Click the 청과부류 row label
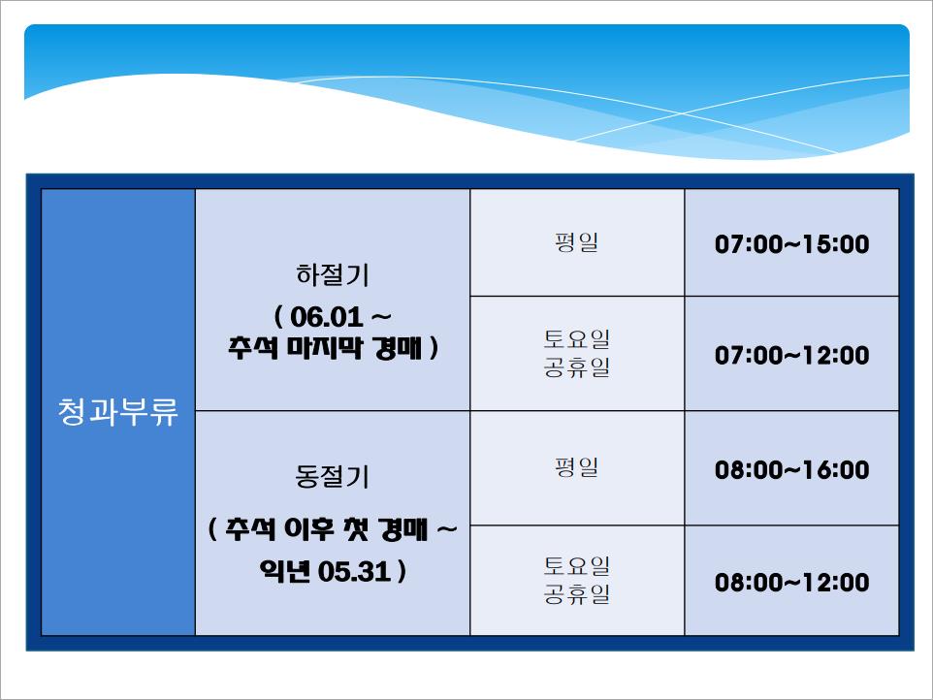(x=117, y=411)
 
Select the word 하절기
(x=333, y=274)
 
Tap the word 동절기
(x=333, y=476)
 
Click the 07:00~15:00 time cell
(x=791, y=244)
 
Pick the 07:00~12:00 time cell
(x=791, y=355)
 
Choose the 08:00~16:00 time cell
(x=791, y=470)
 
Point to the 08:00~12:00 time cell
(x=791, y=583)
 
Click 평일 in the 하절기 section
(x=577, y=242)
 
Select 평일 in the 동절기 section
(x=577, y=467)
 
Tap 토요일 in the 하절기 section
(x=577, y=339)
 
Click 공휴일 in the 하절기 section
(x=577, y=366)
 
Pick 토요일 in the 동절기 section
(x=577, y=565)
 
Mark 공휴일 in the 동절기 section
(x=577, y=593)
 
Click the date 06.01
(x=326, y=317)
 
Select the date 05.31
(x=354, y=572)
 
